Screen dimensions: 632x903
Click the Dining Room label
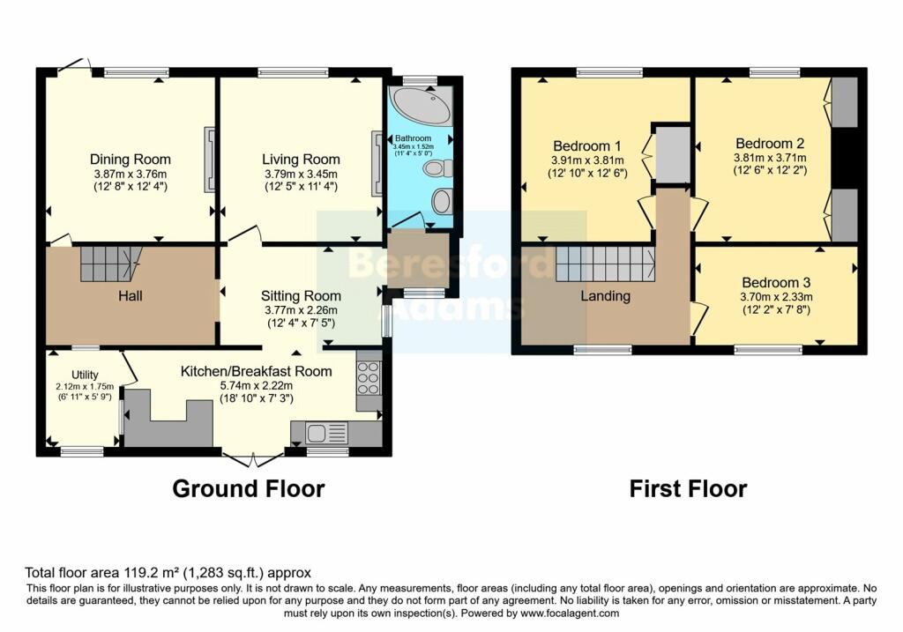(129, 160)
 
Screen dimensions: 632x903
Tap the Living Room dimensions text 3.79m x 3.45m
(301, 174)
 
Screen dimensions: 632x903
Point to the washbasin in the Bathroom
(441, 201)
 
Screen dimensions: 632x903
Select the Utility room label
(86, 375)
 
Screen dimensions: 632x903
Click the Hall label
(131, 296)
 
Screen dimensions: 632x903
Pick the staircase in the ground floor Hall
(110, 264)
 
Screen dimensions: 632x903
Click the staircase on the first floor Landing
(604, 263)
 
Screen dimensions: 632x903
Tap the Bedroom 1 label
(586, 145)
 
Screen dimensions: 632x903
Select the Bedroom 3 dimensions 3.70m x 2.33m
(776, 297)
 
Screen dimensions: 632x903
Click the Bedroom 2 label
(769, 143)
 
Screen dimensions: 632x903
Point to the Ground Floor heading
(248, 488)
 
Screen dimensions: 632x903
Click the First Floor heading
(688, 488)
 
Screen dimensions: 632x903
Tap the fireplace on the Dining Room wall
(209, 159)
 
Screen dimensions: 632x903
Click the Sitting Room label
(301, 296)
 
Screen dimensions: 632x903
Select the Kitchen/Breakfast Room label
(256, 371)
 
